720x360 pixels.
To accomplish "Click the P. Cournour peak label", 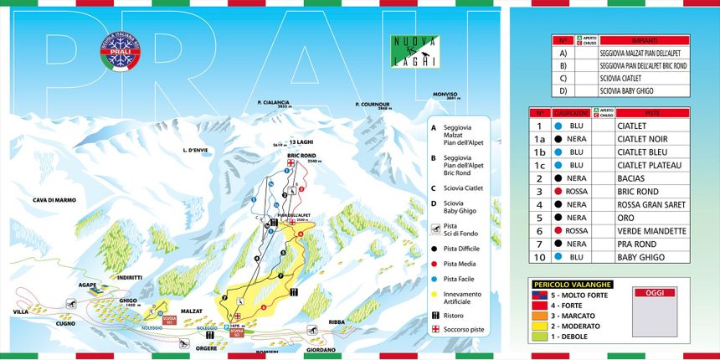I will pyautogui.click(x=373, y=105).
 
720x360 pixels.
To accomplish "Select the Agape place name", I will pyautogui.click(x=90, y=285).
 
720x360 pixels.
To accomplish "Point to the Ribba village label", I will pyautogui.click(x=337, y=321).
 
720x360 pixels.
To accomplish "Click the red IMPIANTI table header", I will pyautogui.click(x=644, y=40).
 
